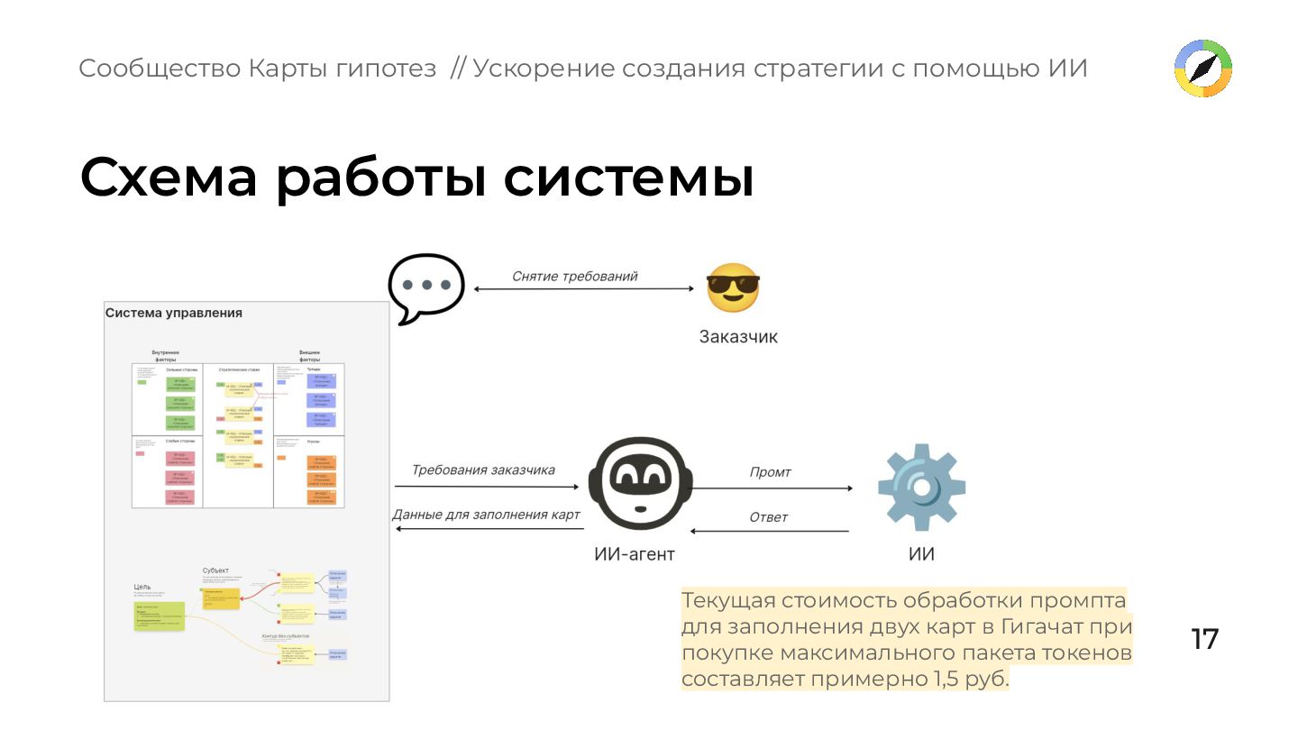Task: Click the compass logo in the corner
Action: (x=1203, y=68)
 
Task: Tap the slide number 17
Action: (x=1204, y=639)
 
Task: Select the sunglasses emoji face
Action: (x=732, y=288)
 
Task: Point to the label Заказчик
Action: (x=738, y=337)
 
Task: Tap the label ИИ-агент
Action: (x=634, y=554)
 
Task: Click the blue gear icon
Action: (x=921, y=487)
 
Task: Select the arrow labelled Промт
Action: (x=772, y=488)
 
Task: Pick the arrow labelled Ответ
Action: (x=772, y=531)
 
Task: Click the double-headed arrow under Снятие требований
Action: (x=584, y=288)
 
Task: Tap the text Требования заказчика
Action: (x=483, y=470)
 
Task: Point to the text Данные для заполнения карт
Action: (x=486, y=515)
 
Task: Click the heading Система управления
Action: (x=174, y=313)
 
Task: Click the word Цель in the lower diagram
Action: (x=142, y=587)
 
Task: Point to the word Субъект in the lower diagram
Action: (x=215, y=570)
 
